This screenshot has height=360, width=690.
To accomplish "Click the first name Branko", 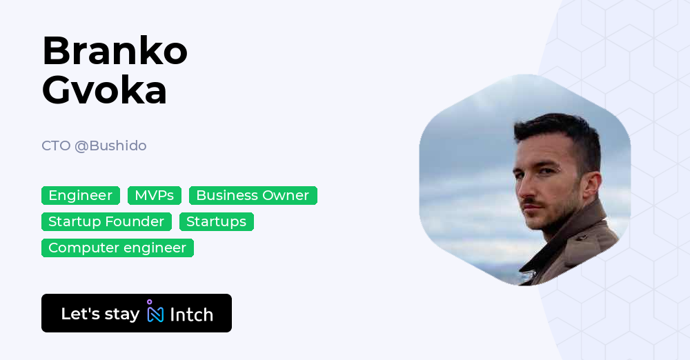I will [115, 50].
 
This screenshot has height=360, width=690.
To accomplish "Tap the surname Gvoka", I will [104, 90].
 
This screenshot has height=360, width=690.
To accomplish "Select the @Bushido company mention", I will [110, 146].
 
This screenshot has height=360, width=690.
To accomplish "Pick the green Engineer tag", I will [81, 195].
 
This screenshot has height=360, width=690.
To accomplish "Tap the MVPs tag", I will [155, 195].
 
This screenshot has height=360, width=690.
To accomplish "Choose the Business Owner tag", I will [253, 195].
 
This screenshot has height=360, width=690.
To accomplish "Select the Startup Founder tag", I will [106, 221].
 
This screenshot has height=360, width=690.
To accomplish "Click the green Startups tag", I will [216, 221].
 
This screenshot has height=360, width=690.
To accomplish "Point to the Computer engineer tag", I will [117, 248].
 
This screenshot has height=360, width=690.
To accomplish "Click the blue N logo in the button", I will [155, 314].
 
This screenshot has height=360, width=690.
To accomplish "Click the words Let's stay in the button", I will [100, 314].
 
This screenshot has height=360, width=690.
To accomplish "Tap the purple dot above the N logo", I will [149, 302].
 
